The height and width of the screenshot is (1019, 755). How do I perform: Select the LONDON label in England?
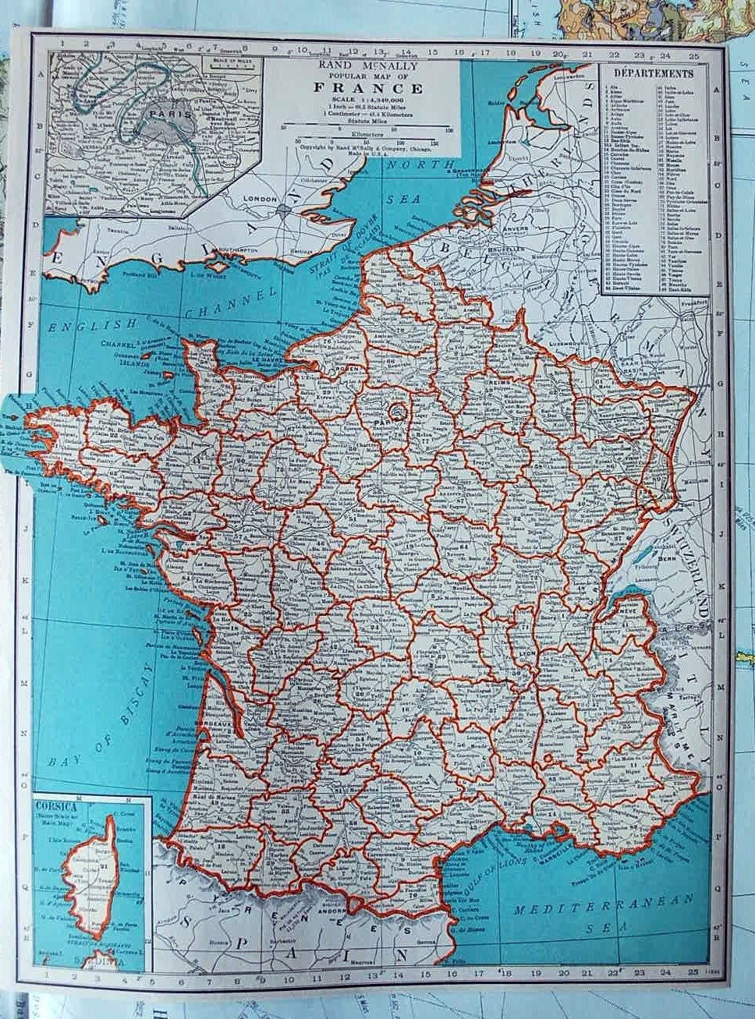tap(261, 200)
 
